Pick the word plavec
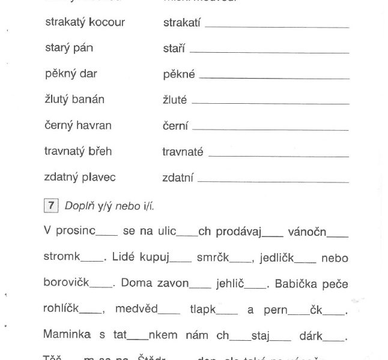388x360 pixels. [99, 178]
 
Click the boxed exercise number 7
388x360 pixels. [50, 206]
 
